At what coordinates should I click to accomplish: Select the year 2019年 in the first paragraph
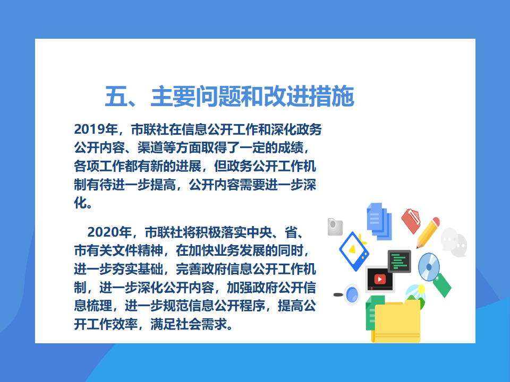(x=96, y=129)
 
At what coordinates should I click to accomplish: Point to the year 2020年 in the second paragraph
(x=109, y=232)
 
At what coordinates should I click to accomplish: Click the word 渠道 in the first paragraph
(x=150, y=148)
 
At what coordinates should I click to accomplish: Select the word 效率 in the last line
(x=124, y=324)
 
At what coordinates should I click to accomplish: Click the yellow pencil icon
(x=428, y=232)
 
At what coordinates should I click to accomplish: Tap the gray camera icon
(x=335, y=227)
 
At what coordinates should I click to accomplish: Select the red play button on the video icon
(x=379, y=279)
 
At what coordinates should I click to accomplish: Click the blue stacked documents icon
(x=379, y=221)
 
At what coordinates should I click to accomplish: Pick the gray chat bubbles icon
(x=454, y=242)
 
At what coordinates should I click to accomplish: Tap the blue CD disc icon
(x=429, y=267)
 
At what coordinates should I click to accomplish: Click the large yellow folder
(x=396, y=323)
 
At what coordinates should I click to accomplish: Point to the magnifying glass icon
(x=347, y=294)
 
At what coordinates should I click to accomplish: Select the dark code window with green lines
(x=399, y=261)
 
